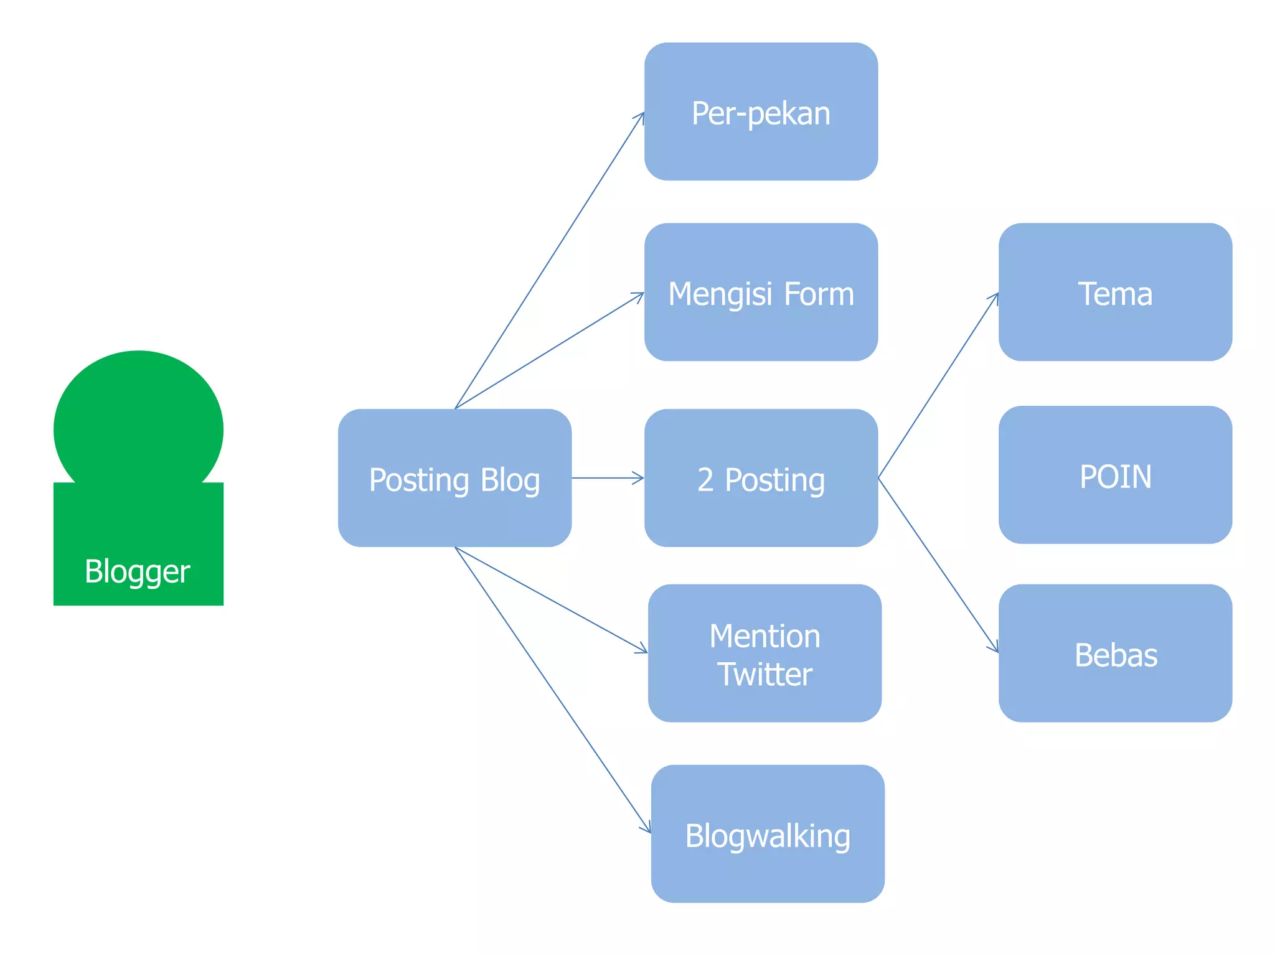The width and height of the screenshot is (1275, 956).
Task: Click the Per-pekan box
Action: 761,112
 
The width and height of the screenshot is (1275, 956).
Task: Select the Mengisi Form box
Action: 761,293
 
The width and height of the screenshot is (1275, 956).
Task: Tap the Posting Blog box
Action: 454,478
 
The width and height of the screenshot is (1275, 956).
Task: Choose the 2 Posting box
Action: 761,478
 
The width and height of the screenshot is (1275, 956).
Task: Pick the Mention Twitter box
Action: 765,654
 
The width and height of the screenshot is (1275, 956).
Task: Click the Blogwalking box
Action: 768,834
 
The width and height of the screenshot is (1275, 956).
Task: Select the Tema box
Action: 1115,293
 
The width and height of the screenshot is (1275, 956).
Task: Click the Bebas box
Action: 1115,654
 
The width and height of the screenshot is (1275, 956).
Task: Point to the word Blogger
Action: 138,571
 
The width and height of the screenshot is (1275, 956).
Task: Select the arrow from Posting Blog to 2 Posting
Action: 607,478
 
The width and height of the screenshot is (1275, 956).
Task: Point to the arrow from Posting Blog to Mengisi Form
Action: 550,350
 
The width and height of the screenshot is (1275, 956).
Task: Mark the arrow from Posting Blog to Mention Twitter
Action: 551,599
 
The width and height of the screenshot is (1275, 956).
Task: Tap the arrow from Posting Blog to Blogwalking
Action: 553,690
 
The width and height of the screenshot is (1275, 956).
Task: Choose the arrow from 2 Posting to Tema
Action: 938,385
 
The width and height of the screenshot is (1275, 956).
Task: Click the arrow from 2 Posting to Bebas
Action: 938,565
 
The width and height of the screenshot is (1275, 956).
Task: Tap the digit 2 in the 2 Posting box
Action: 705,480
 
